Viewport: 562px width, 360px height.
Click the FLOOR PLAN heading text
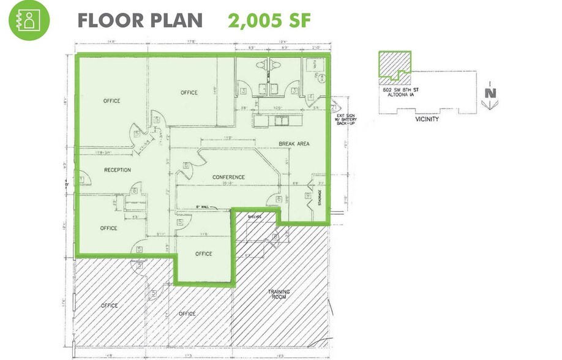tap(140, 20)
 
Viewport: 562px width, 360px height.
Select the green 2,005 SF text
tap(269, 20)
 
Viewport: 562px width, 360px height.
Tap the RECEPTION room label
tap(118, 170)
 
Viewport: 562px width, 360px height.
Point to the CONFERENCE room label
tap(228, 178)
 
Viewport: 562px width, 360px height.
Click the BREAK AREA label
tap(294, 144)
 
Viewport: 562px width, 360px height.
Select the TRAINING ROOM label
tap(279, 294)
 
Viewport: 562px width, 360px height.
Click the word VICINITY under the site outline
tap(426, 119)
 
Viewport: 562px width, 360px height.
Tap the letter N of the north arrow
tap(489, 94)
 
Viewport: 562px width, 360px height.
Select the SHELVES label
tap(255, 217)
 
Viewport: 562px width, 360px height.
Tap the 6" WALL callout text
tap(204, 206)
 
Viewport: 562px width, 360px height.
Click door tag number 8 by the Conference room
tap(186, 164)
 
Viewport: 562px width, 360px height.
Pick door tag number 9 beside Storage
tap(308, 196)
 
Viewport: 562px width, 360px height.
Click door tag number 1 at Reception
tap(81, 180)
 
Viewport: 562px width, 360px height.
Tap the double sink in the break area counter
tap(280, 121)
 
